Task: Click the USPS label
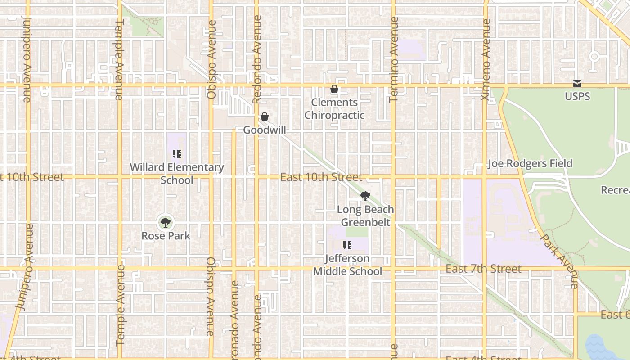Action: click(x=577, y=96)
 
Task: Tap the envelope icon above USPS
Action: click(x=577, y=84)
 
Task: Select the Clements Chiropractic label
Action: click(x=334, y=109)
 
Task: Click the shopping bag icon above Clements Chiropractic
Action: click(x=334, y=90)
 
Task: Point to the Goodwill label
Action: click(x=265, y=130)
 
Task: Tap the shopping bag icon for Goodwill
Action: click(x=265, y=117)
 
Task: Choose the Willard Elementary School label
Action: click(x=177, y=174)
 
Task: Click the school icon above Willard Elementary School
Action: click(x=177, y=154)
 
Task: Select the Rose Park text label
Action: click(x=166, y=236)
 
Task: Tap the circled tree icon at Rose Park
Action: click(x=166, y=222)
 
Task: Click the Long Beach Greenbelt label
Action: click(x=365, y=216)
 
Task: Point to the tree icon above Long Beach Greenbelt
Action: click(x=365, y=196)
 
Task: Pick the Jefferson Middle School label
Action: click(x=347, y=265)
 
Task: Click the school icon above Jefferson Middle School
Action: click(x=347, y=245)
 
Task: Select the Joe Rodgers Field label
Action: click(x=530, y=163)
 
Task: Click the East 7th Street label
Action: click(x=484, y=269)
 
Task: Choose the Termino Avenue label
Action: click(x=394, y=59)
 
